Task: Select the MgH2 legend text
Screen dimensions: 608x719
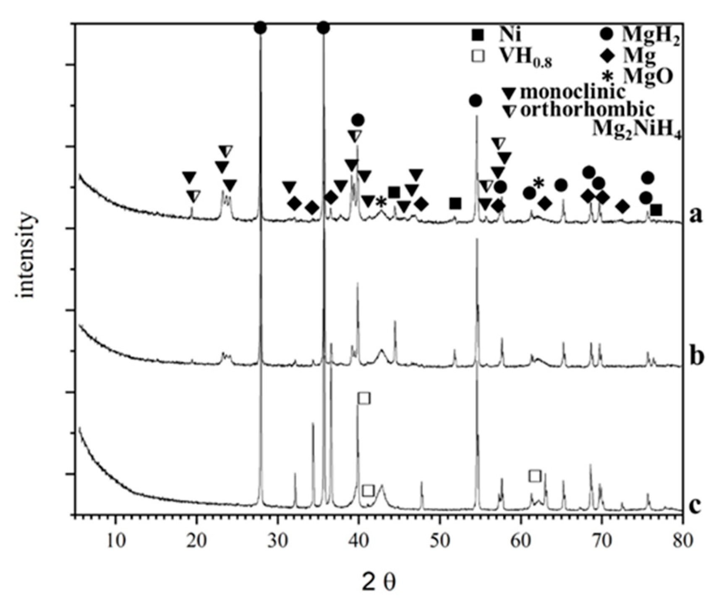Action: coord(650,36)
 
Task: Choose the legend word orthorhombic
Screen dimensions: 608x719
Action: coord(587,110)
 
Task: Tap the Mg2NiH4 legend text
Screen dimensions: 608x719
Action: coord(637,131)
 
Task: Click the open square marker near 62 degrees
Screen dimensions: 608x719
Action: coord(534,476)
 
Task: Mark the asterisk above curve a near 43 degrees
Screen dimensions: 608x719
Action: coord(381,202)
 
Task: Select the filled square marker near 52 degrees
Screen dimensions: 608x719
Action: coord(455,204)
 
